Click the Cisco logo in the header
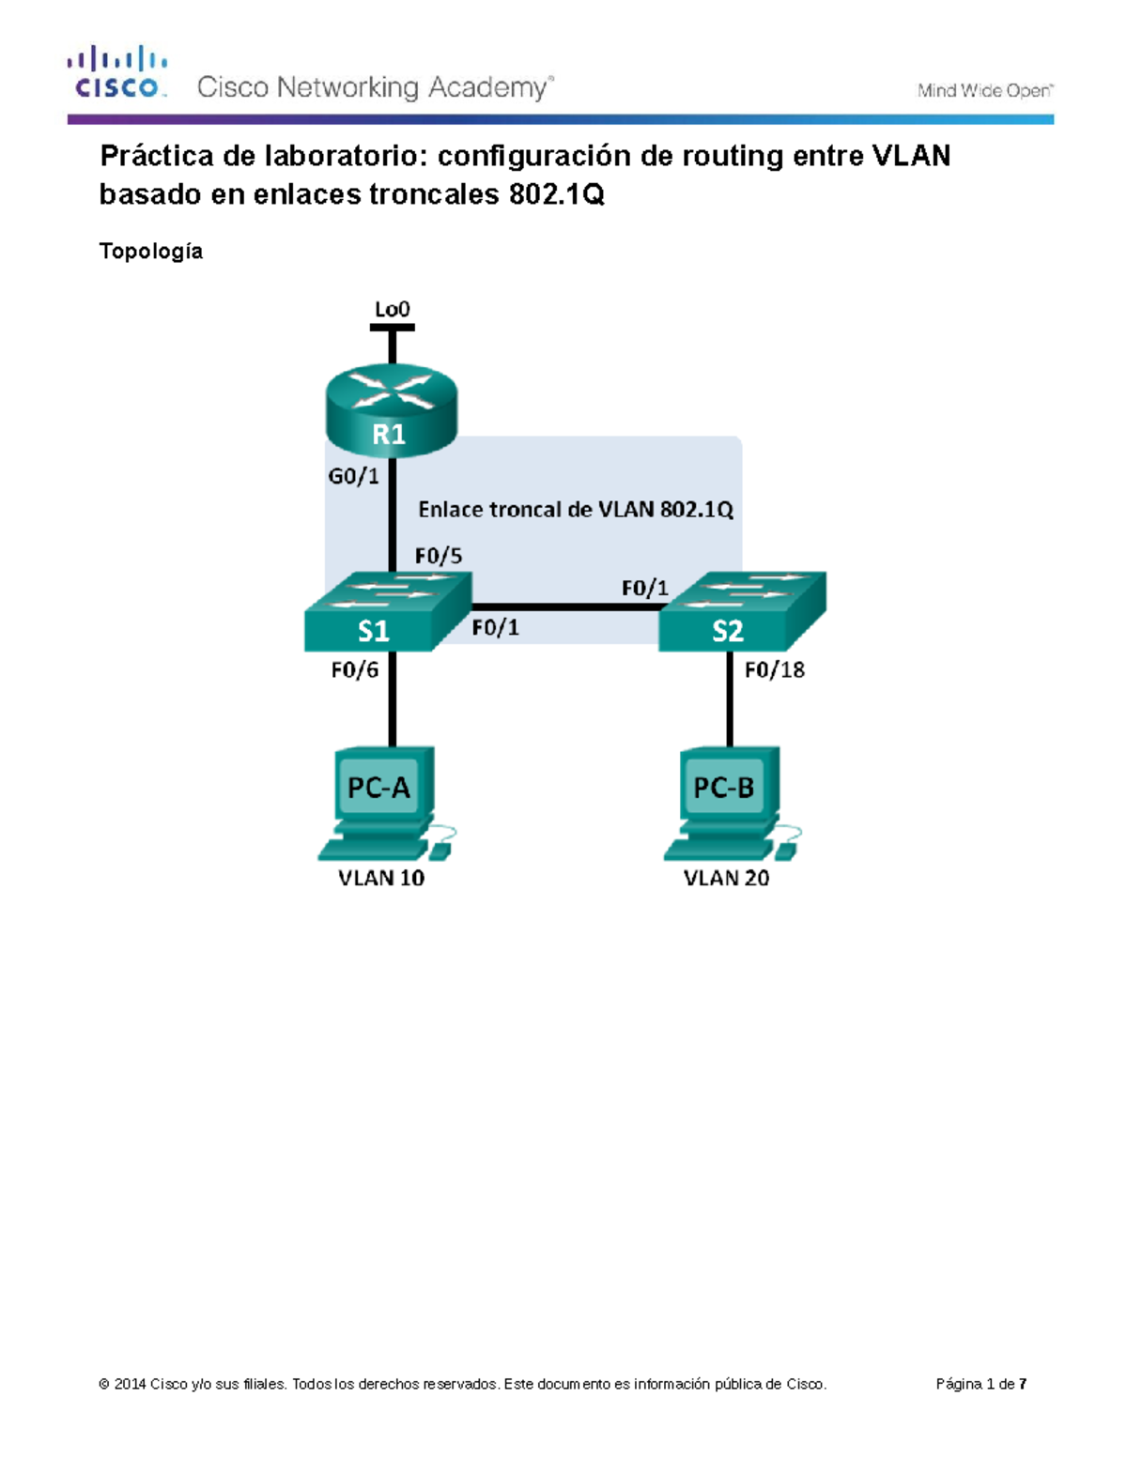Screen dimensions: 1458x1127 click(116, 73)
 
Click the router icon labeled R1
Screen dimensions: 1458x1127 click(391, 409)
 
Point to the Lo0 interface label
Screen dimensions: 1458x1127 click(392, 309)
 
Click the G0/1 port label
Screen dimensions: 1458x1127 click(353, 476)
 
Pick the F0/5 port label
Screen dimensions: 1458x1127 click(439, 556)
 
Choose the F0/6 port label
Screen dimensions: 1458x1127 click(355, 669)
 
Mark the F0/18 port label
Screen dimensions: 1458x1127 click(774, 669)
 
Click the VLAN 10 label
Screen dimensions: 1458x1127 click(381, 878)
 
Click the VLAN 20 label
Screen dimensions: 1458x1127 click(726, 878)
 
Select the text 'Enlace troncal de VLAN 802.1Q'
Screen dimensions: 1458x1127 click(575, 510)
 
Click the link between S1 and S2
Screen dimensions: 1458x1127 click(563, 607)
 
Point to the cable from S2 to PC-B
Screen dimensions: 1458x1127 click(730, 699)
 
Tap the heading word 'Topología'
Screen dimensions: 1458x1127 click(151, 252)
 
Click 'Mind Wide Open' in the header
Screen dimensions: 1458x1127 click(985, 91)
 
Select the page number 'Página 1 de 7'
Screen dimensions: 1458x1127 click(980, 1384)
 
